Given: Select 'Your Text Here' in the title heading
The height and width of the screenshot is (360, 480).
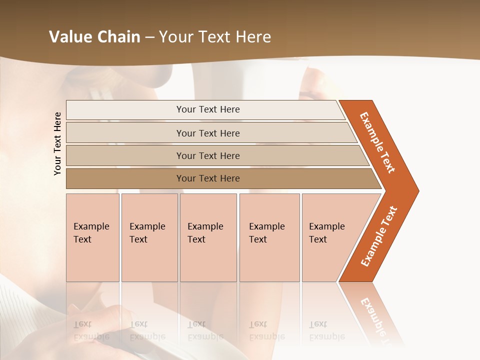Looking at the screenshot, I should point(215,37).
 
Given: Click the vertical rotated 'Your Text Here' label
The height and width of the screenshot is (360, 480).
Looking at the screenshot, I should point(57,143).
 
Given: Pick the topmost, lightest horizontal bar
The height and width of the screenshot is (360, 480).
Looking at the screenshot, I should point(208,109).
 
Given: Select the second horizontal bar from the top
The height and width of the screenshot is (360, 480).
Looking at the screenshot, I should point(208,133).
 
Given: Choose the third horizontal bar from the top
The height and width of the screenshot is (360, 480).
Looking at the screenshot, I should point(208,155).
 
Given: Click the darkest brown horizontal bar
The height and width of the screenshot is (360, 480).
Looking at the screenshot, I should point(208,178).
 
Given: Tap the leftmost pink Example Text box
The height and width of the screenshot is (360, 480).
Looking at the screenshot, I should point(92,237).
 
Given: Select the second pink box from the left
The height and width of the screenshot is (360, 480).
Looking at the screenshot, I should point(149,237).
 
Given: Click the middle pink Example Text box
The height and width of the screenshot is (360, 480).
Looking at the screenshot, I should point(208,237).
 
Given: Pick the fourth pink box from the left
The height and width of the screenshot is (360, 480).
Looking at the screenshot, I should point(269,237).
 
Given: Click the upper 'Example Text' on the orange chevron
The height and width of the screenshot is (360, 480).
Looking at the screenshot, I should point(377,142).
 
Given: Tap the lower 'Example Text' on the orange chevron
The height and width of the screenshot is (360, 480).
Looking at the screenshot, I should point(379,236).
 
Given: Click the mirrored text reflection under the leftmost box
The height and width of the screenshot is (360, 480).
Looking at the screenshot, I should point(91,330).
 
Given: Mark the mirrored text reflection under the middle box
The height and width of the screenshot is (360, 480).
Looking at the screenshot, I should point(205,330).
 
